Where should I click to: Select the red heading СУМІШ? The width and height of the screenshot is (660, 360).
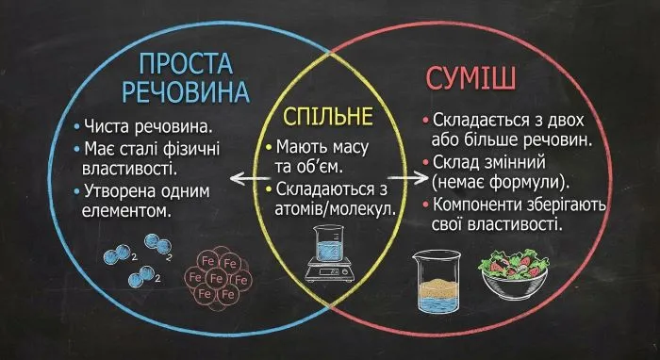471,77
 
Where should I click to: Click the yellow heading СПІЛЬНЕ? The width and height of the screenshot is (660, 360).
329,119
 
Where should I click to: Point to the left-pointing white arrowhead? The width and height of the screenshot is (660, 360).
236,176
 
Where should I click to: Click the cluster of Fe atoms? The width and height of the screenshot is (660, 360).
218,279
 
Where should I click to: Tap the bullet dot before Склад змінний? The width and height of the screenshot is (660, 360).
427,161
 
